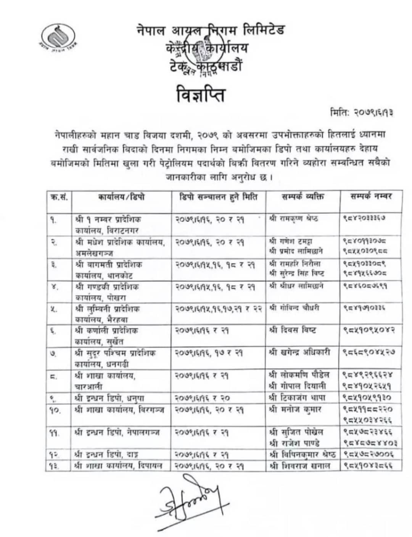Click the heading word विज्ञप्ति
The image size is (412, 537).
coord(201,95)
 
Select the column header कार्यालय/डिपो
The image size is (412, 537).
coord(121,197)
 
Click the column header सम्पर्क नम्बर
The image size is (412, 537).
coord(371,197)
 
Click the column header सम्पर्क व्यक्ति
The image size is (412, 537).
coord(303,197)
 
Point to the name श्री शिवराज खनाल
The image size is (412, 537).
coord(300,465)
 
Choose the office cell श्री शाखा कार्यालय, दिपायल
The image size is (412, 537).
coord(119,465)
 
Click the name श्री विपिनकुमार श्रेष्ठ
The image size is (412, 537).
coord(303,454)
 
